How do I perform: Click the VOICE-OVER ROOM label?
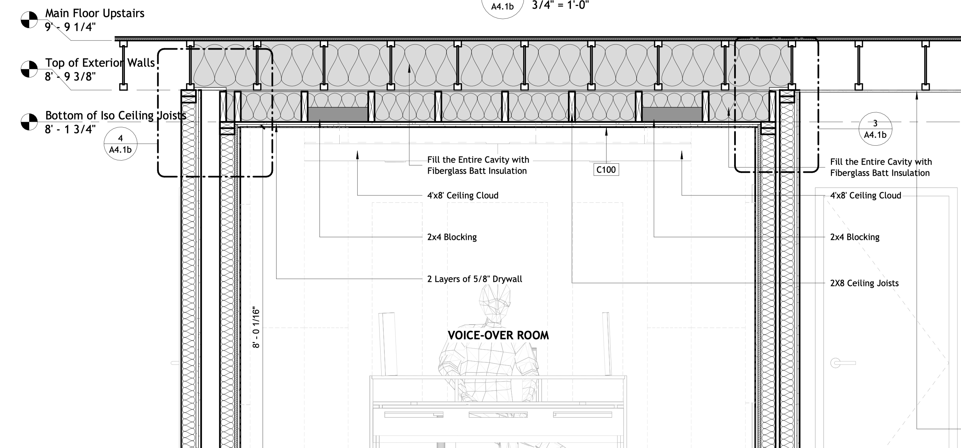click(498, 335)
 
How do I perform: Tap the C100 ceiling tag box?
click(606, 170)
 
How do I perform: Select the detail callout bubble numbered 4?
click(120, 144)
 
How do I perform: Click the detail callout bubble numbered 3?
click(875, 129)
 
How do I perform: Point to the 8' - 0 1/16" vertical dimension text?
click(256, 328)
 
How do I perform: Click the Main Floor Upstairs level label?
click(95, 13)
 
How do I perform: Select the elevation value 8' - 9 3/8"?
click(70, 76)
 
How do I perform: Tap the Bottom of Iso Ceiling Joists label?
click(116, 115)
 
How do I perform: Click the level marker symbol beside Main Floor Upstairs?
click(29, 20)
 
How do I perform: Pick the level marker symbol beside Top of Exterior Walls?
click(29, 69)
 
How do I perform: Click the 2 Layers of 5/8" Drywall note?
click(475, 279)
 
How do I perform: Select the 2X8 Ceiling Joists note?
click(864, 283)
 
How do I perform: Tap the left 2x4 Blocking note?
click(452, 237)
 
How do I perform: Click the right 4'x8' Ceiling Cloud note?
click(866, 195)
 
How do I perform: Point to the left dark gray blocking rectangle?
click(338, 114)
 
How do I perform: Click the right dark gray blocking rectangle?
click(672, 114)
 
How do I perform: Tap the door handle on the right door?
click(842, 363)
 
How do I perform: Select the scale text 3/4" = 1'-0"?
click(560, 5)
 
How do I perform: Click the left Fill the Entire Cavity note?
click(478, 165)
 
